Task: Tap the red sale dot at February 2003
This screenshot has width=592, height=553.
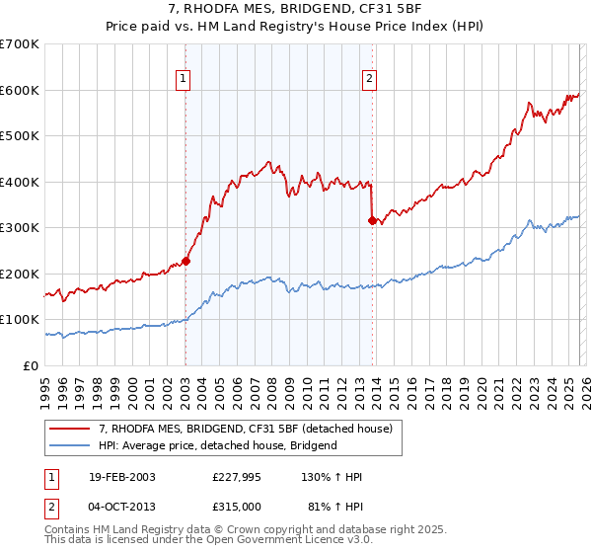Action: [185, 261]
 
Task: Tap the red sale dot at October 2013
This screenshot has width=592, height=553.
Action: [372, 221]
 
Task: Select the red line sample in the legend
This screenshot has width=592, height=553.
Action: [70, 429]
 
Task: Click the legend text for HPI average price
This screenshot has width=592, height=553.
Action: [217, 445]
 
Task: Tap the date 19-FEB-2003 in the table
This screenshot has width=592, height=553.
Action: [120, 477]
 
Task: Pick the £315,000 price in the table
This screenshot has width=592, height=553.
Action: [236, 506]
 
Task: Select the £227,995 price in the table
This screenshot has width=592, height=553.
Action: [236, 477]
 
